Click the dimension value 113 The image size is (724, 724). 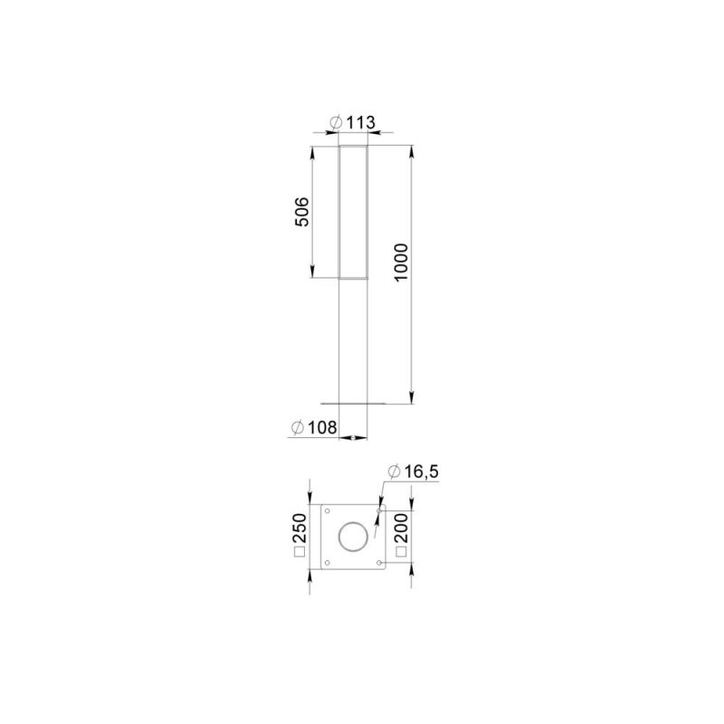(361, 122)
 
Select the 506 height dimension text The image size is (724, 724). (301, 212)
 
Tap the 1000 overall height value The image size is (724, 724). (401, 262)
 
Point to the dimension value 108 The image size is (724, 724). (323, 427)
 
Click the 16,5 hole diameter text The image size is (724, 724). (422, 472)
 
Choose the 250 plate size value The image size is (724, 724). (300, 529)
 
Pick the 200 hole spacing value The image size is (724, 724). (401, 529)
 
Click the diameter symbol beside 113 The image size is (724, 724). (336, 123)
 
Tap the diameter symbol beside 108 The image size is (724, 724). (298, 428)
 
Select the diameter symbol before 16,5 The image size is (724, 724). (394, 472)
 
